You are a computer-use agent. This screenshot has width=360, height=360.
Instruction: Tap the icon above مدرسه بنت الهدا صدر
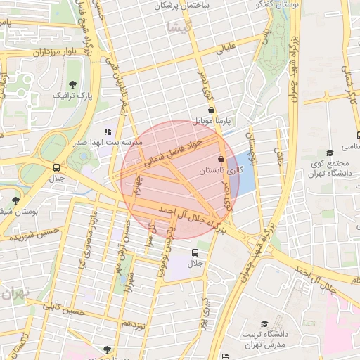click(108, 131)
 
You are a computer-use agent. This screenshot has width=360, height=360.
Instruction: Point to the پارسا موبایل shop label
click(218, 121)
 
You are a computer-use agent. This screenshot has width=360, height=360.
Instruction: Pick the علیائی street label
click(233, 49)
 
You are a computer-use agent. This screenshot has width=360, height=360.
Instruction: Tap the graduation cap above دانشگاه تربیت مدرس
click(264, 324)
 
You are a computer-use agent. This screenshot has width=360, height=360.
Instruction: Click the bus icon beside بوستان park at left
click(56, 167)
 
